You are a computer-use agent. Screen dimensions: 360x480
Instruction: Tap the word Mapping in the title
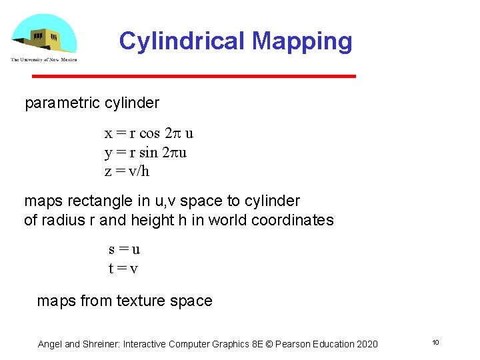(x=302, y=41)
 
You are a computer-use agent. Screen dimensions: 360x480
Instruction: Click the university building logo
(x=44, y=36)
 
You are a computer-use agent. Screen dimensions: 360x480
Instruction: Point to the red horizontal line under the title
(x=194, y=77)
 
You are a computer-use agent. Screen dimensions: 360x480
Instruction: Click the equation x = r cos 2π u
(x=149, y=133)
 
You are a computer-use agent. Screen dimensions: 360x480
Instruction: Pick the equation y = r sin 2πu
(x=145, y=153)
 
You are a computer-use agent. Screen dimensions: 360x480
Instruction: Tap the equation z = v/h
(x=127, y=171)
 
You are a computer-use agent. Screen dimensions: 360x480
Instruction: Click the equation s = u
(x=124, y=250)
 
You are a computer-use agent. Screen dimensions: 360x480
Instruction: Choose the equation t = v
(x=123, y=269)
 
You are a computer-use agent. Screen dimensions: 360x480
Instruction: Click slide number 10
(x=435, y=343)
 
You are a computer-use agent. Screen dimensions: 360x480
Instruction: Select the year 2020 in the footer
(x=367, y=344)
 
